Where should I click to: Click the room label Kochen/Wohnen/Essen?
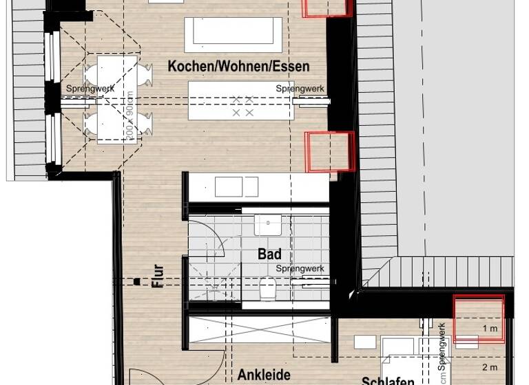(238, 67)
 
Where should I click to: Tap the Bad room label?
(269, 254)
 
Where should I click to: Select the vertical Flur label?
(158, 275)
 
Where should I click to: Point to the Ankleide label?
(264, 375)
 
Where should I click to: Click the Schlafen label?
(388, 380)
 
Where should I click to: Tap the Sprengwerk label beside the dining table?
(90, 89)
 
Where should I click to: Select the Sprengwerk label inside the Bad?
(300, 269)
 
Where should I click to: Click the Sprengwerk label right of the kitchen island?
(300, 89)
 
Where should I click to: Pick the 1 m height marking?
(490, 329)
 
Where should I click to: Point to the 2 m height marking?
(490, 368)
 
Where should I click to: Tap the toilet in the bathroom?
(269, 289)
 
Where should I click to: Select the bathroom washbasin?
(267, 225)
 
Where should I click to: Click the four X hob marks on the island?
(242, 106)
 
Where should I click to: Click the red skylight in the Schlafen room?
(478, 318)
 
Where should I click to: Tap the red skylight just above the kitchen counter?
(330, 151)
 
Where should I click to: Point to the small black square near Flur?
(137, 281)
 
